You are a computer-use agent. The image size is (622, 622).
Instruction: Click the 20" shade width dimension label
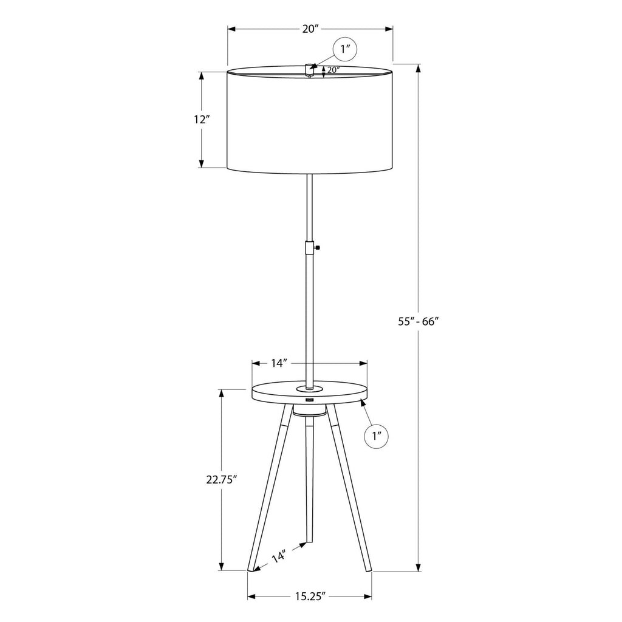310,29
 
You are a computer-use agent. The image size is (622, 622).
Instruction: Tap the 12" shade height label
201,119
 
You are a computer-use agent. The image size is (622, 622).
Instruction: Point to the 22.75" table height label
221,480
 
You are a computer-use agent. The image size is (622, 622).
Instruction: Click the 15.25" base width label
310,596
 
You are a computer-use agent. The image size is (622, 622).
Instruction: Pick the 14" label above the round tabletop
279,363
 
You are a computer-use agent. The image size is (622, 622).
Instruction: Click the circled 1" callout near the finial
345,50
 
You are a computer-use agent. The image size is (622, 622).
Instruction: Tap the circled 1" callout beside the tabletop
376,436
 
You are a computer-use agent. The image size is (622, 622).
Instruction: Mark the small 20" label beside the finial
333,70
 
